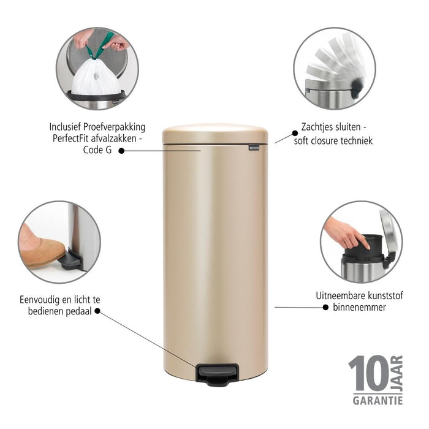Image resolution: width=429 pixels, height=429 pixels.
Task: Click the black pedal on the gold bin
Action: [x=217, y=373]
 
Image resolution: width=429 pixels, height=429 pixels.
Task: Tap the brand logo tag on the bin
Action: [x=257, y=147]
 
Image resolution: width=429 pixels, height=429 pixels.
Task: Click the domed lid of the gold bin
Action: [x=215, y=134]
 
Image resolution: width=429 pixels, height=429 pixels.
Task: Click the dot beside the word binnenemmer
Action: [x=325, y=307]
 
